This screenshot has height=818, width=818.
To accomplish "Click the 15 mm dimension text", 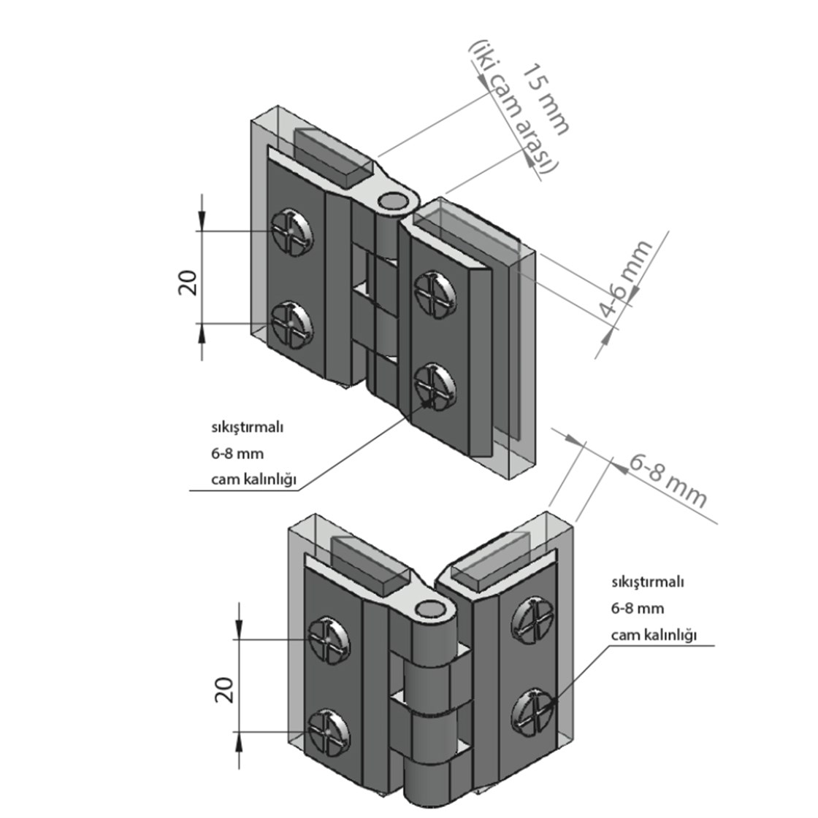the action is coord(546,99).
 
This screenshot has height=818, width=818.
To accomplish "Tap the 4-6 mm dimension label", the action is coord(625,278).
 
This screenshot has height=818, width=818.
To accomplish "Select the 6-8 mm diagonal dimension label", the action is coord(667,481).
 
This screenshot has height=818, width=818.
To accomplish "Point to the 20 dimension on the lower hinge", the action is coord(224,690).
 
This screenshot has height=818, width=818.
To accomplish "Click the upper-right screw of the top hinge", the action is coord(435,293).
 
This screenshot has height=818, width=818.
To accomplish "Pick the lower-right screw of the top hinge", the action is coord(435,386).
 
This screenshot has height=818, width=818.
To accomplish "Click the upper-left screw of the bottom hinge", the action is coord(329,639).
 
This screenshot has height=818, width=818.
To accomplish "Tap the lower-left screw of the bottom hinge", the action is coord(329,733).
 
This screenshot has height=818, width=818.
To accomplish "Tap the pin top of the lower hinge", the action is coord(431,609).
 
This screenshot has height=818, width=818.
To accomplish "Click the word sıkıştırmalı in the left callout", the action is coord(247,428).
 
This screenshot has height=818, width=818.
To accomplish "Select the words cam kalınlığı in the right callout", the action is coord(654,636).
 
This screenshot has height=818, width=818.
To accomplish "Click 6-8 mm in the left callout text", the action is coord(237,453).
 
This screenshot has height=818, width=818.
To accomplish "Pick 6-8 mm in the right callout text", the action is coord(638,609).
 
